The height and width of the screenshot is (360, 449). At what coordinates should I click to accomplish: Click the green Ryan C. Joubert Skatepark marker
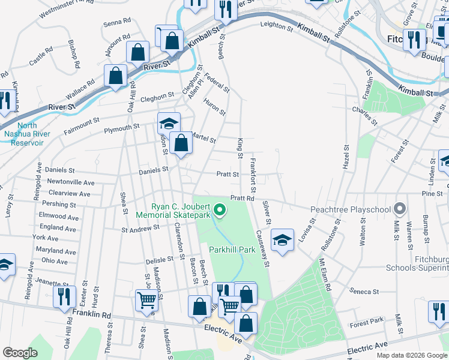(220, 210)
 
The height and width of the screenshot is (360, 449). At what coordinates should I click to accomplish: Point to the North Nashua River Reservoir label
(22, 134)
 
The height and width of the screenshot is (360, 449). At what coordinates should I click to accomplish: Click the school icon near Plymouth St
(169, 123)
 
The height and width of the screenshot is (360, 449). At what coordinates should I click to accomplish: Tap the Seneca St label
(364, 292)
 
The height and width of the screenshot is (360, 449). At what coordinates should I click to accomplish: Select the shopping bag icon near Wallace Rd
(116, 76)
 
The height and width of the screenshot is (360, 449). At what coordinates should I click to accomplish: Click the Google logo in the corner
(20, 353)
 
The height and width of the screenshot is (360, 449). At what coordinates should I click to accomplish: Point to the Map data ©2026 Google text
(411, 355)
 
